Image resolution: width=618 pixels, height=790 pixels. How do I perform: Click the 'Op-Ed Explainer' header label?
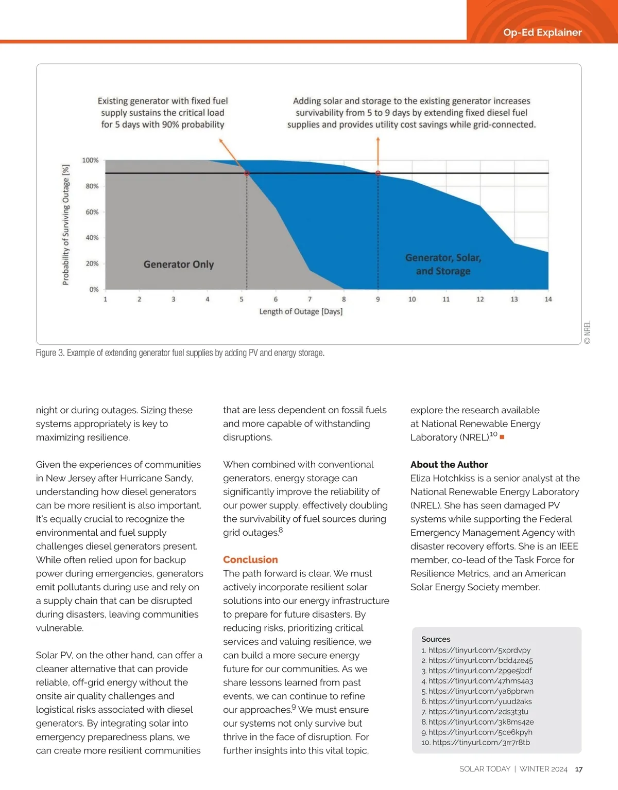[x=542, y=32]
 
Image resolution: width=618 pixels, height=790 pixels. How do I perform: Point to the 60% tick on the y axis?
[x=92, y=212]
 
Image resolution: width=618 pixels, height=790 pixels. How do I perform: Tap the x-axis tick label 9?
[x=378, y=299]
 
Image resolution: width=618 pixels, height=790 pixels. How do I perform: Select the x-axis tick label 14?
[x=548, y=299]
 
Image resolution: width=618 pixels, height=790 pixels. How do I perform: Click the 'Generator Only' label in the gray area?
[x=178, y=265]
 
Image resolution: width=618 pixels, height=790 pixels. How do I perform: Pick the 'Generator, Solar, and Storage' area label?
[x=443, y=264]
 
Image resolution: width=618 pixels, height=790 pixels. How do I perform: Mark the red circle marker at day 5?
[x=247, y=174]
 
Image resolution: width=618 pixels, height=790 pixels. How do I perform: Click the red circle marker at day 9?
[x=378, y=173]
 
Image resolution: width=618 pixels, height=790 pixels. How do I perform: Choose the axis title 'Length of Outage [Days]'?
[x=301, y=311]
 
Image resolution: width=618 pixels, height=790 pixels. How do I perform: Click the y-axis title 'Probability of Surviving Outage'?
[x=66, y=224]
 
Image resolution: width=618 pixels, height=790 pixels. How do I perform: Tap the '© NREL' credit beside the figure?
[x=588, y=332]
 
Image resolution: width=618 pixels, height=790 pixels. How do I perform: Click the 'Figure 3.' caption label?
[x=49, y=353]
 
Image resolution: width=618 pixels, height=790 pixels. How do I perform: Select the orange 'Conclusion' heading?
[x=250, y=559]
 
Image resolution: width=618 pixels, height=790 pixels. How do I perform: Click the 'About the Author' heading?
[x=449, y=464]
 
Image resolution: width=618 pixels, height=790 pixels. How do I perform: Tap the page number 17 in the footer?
[x=579, y=769]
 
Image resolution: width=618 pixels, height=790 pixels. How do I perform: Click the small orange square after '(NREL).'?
[x=502, y=437]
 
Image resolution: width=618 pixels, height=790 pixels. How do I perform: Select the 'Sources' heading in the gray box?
[x=436, y=639]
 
